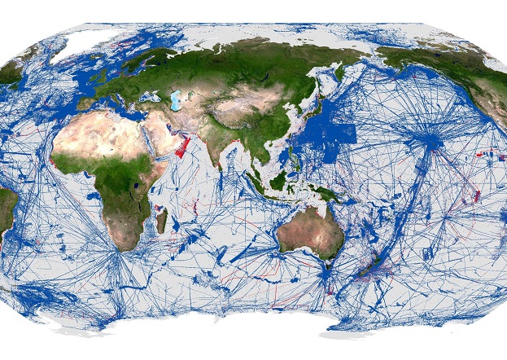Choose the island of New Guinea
[326, 193]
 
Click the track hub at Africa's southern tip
[120, 252]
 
